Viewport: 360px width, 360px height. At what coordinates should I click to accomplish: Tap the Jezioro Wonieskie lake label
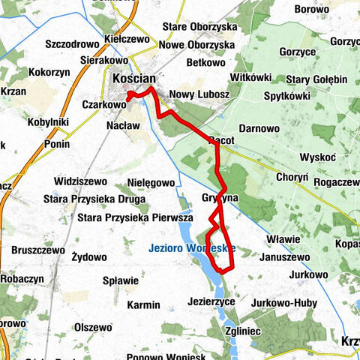click(x=192, y=248)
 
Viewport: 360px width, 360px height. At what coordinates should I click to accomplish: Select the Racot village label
click(x=222, y=140)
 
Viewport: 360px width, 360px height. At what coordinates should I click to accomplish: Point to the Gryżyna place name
click(x=220, y=198)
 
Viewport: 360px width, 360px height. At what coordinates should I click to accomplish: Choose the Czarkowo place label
click(x=103, y=106)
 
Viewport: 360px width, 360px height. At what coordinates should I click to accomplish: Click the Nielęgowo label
click(x=150, y=182)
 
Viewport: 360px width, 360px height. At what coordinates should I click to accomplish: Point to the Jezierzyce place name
click(x=208, y=300)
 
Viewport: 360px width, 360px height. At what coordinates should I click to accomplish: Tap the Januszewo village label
click(x=283, y=256)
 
